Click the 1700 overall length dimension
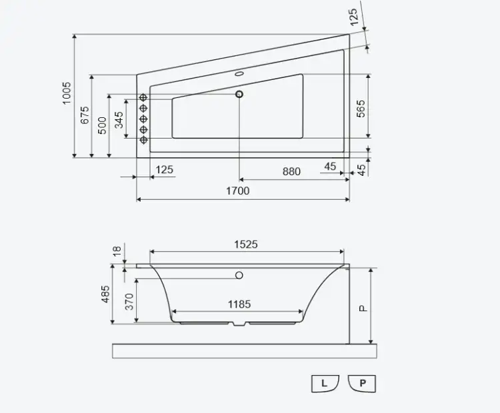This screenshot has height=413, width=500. (237, 191)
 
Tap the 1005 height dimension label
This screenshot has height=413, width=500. (67, 93)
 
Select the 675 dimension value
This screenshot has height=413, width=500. (85, 115)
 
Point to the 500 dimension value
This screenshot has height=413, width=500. (102, 125)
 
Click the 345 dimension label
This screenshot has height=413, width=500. (119, 120)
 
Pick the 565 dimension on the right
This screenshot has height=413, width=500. (360, 109)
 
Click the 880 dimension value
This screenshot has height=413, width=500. (291, 171)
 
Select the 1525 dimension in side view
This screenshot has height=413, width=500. (246, 244)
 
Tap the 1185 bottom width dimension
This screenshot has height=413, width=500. (239, 304)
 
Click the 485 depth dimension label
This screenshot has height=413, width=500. (105, 294)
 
